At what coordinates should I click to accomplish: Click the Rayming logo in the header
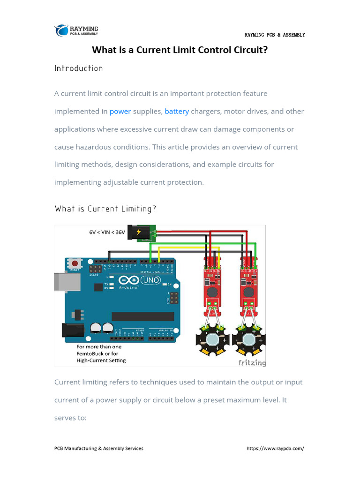click(x=76, y=30)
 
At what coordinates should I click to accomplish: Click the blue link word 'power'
click(x=120, y=112)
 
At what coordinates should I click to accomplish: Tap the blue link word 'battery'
click(x=177, y=112)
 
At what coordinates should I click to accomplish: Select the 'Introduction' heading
click(x=78, y=68)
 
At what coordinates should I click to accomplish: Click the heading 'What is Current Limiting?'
click(x=105, y=209)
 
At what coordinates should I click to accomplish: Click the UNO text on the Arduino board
click(x=151, y=280)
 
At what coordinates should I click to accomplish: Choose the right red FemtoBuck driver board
click(x=249, y=286)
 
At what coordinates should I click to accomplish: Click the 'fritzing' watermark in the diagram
click(x=252, y=362)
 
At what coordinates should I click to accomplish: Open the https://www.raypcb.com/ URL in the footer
click(x=275, y=449)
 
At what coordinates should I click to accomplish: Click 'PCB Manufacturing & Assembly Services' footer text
click(x=99, y=449)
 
